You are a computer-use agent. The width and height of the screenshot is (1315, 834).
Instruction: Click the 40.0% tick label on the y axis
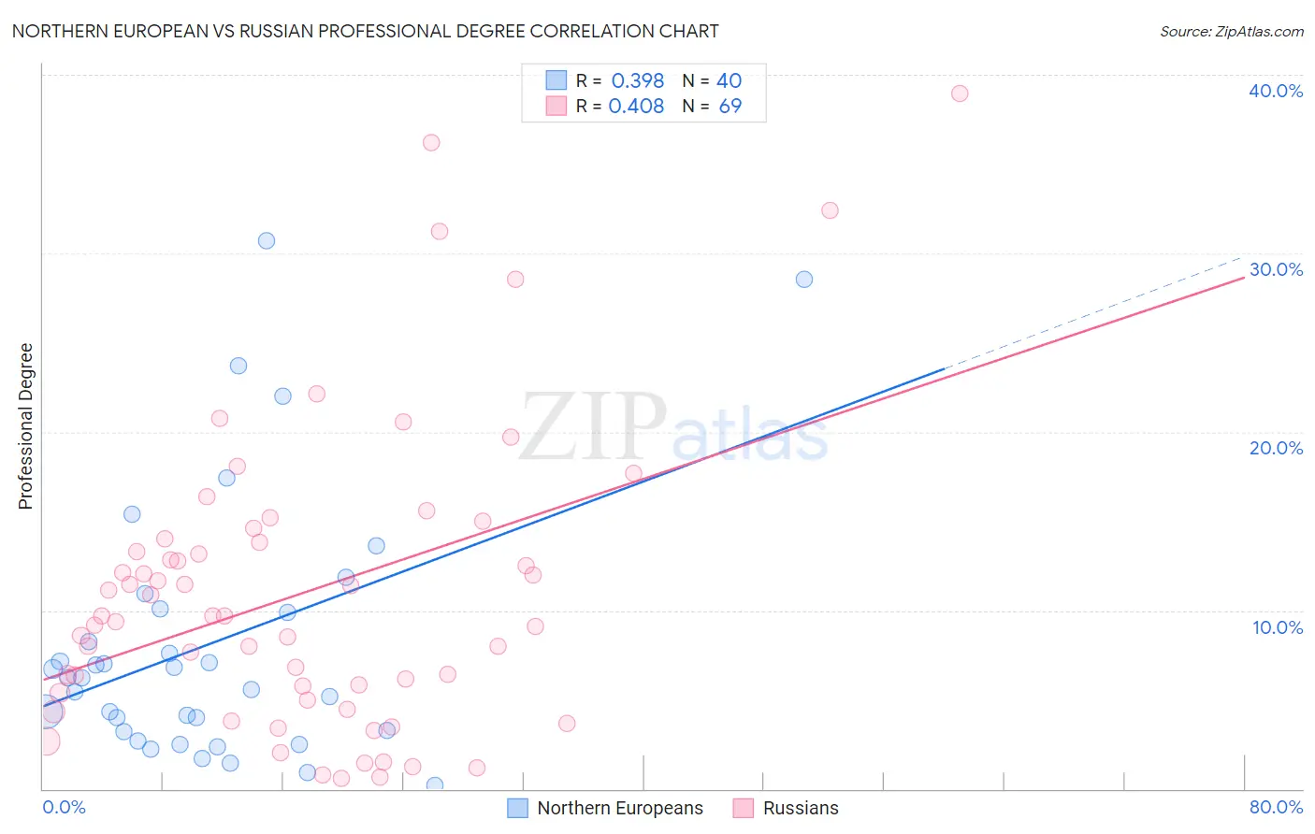(1276, 91)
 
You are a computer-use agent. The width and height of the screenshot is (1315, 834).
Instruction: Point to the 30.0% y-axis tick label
(1276, 269)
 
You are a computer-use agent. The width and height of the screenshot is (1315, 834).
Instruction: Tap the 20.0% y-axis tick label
(1276, 448)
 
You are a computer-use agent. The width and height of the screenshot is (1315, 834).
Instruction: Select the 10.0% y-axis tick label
(1278, 627)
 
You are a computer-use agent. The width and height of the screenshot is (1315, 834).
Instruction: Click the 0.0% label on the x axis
(65, 807)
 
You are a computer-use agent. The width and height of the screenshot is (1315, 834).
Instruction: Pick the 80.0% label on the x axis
(1276, 807)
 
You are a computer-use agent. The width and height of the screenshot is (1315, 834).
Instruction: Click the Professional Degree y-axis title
(25, 426)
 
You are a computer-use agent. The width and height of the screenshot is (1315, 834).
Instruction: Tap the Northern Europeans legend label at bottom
(619, 808)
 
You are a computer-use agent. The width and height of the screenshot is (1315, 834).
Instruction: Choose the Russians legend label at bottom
(801, 808)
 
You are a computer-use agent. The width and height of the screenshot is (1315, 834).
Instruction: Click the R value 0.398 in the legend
(637, 81)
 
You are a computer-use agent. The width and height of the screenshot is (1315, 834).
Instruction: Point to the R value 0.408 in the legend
(636, 107)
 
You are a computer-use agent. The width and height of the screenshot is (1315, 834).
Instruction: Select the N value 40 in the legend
(729, 81)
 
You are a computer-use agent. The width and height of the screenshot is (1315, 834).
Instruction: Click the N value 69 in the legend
(730, 107)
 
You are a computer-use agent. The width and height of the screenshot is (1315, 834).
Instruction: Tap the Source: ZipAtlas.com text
(1231, 32)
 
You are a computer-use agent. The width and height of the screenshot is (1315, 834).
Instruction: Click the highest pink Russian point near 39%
(960, 93)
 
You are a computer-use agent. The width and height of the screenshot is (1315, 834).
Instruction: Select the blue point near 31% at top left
(267, 240)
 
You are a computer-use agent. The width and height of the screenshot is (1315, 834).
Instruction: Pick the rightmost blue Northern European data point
(804, 280)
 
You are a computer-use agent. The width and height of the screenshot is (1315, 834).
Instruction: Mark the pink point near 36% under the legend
(431, 142)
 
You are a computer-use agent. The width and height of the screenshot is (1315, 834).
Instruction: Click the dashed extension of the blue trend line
(1094, 312)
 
